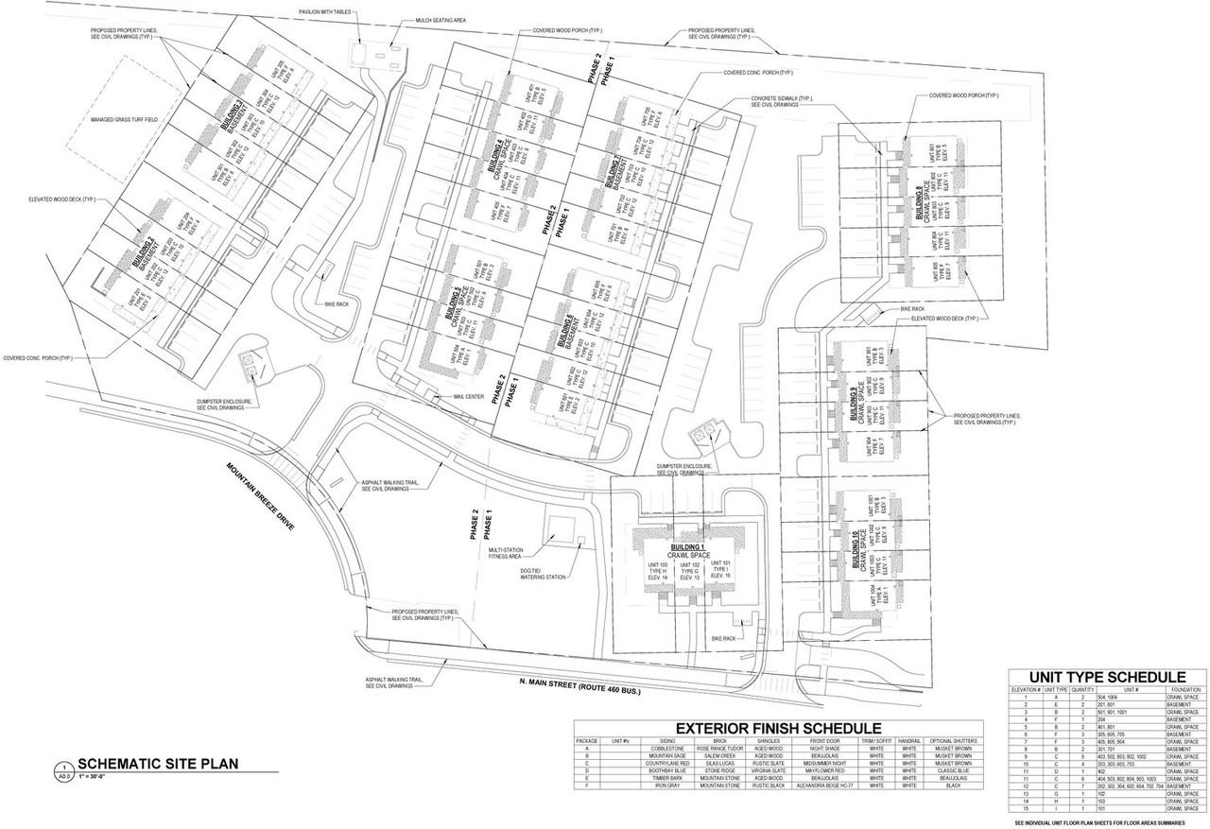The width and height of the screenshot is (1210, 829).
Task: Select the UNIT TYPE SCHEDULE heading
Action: [1107, 677]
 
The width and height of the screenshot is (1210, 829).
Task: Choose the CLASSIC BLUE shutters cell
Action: [952, 770]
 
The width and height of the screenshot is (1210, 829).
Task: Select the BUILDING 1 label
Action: [688, 548]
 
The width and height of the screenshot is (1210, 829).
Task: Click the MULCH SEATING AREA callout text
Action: [440, 20]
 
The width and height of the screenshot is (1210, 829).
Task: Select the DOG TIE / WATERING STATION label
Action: [543, 573]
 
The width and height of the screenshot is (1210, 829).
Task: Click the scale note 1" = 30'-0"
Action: [96, 776]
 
